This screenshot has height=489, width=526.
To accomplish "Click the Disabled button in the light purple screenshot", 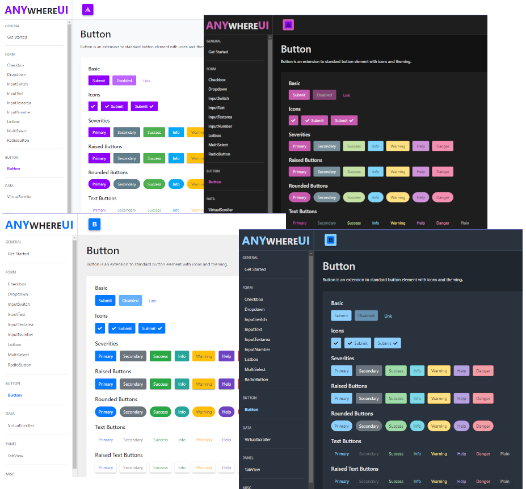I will tap(124, 81).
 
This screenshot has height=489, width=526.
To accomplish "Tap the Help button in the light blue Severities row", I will tap(226, 356).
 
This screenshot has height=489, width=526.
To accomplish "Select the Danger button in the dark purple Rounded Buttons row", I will tap(442, 197).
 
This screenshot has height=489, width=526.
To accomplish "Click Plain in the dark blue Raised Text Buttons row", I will tap(504, 481).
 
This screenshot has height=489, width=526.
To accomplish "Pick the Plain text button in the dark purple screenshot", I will tap(465, 223).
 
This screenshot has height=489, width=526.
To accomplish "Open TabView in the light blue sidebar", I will tap(16, 456).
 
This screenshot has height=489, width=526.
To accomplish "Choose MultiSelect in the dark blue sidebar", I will tap(255, 369).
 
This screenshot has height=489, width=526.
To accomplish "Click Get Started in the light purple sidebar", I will tap(17, 37).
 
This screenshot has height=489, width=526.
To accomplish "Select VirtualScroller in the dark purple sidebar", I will tap(221, 210).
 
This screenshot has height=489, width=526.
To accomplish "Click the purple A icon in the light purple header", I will tap(87, 10).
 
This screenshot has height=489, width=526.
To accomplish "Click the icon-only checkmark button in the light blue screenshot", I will tap(100, 328).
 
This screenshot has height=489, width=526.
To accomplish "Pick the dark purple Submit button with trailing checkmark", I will tap(344, 120).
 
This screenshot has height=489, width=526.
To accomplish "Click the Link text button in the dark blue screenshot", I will tap(388, 316).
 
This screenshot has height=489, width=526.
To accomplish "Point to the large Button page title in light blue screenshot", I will tap(103, 251).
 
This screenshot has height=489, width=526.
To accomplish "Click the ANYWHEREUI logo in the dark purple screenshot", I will tap(233, 26).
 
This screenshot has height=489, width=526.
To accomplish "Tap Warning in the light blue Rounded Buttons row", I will tap(204, 412).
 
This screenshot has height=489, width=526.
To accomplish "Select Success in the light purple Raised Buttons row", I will tap(154, 158).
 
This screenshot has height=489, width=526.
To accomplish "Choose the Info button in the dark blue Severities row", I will tap(417, 371).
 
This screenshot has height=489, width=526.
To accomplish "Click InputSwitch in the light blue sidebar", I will tap(19, 304).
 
